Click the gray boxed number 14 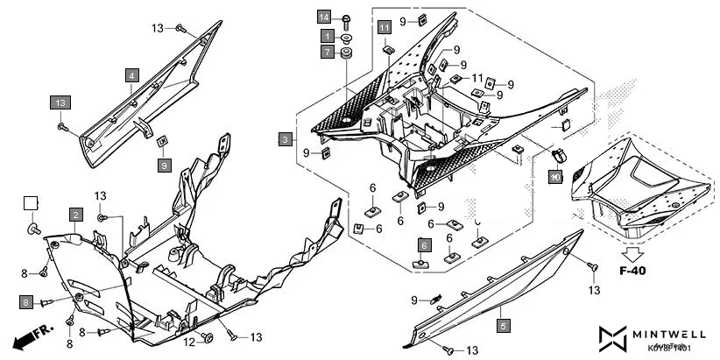pyautogui.click(x=324, y=18)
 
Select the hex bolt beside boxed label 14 pyautogui.click(x=345, y=18)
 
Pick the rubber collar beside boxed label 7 pyautogui.click(x=346, y=54)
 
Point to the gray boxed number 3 pyautogui.click(x=286, y=139)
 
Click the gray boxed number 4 pyautogui.click(x=131, y=76)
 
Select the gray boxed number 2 pyautogui.click(x=76, y=215)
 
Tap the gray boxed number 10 pyautogui.click(x=554, y=176)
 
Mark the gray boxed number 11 pyautogui.click(x=385, y=29)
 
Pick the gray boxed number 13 pyautogui.click(x=60, y=102)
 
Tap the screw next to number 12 pyautogui.click(x=208, y=337)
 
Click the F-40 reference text pyautogui.click(x=632, y=271)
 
